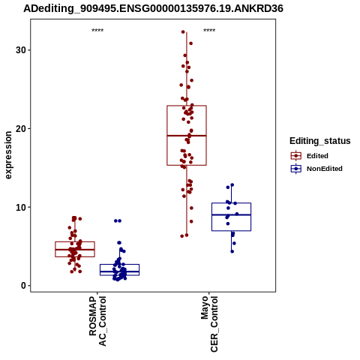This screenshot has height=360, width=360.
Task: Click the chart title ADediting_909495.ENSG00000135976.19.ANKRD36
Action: tap(153, 9)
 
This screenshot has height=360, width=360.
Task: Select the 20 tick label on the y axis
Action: tap(21, 128)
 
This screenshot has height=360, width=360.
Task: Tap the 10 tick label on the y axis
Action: tap(21, 207)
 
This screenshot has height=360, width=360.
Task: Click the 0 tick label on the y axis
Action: tap(23, 286)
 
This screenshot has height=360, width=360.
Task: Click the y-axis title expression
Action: tap(8, 155)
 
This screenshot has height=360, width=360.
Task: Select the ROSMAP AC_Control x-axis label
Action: tap(97, 321)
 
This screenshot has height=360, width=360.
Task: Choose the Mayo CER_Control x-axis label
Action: tap(209, 324)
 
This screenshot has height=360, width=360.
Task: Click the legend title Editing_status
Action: tap(320, 141)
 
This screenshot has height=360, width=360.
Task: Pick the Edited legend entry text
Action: tap(317, 156)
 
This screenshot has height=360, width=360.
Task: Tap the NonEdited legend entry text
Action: tap(325, 169)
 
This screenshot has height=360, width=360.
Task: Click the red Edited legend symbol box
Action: tap(296, 156)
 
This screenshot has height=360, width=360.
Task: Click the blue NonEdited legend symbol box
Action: tap(296, 169)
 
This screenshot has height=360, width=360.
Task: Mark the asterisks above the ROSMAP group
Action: tap(97, 31)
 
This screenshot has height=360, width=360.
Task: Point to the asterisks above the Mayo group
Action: tap(209, 31)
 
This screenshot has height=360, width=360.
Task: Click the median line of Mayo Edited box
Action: tap(187, 136)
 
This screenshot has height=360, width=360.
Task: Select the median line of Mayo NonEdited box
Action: tap(231, 214)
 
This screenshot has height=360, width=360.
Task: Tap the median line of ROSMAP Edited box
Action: tap(75, 250)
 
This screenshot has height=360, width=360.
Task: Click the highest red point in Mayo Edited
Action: tap(183, 32)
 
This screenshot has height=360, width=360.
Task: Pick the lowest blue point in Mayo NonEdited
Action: tap(232, 251)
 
